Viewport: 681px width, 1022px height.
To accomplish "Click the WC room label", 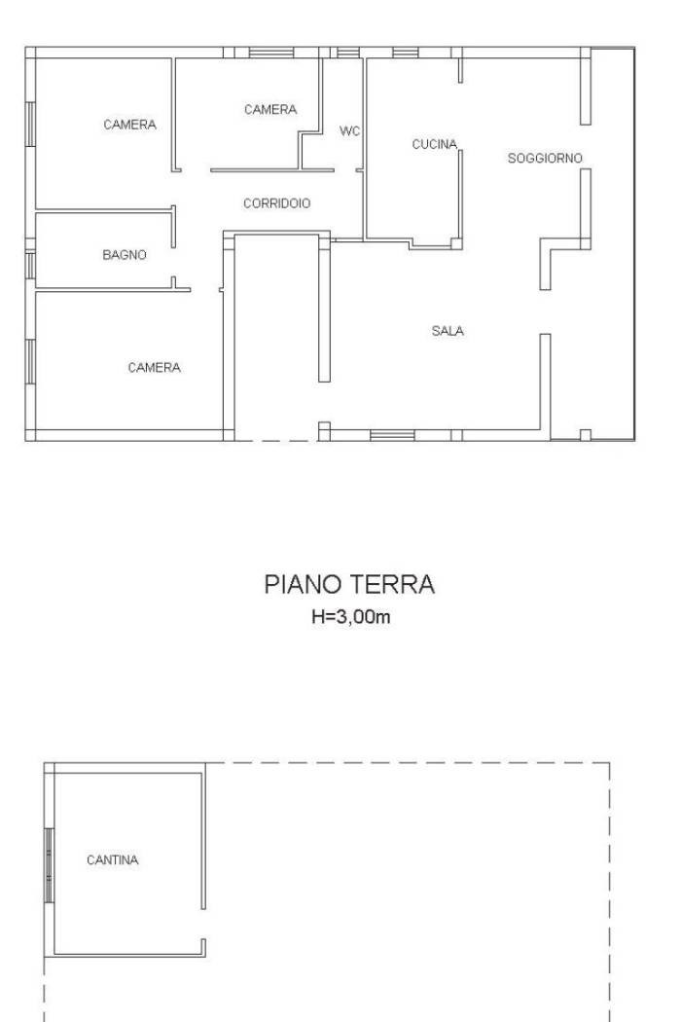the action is [349, 131].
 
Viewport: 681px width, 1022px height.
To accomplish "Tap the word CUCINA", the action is [435, 144].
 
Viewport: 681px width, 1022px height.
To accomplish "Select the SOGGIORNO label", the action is [545, 158].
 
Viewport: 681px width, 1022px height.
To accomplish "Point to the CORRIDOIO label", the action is [277, 203].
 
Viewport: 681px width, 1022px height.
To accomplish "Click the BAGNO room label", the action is [125, 255].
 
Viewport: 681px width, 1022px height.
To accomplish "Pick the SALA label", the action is [448, 331].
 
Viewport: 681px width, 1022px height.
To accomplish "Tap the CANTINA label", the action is [113, 859].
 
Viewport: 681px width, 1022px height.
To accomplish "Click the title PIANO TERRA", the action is [349, 584].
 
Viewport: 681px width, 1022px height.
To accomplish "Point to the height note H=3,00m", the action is [350, 616].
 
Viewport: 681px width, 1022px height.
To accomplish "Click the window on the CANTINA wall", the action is [49, 865].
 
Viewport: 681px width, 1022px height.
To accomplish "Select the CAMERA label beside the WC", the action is [270, 109].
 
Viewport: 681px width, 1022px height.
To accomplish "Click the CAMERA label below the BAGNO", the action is [155, 368].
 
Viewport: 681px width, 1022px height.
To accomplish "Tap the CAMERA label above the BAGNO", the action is [129, 125].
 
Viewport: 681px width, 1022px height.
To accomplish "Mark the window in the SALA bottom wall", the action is [392, 435].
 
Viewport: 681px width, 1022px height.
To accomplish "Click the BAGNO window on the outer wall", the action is [30, 266].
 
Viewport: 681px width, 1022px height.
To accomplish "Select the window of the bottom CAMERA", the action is [30, 361].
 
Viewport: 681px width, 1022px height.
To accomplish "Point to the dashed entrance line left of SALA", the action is [276, 441].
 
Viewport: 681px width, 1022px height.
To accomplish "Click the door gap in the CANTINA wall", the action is [203, 925].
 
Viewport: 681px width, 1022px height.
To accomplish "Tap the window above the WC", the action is [348, 53].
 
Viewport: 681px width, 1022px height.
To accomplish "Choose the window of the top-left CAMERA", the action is [30, 124].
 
